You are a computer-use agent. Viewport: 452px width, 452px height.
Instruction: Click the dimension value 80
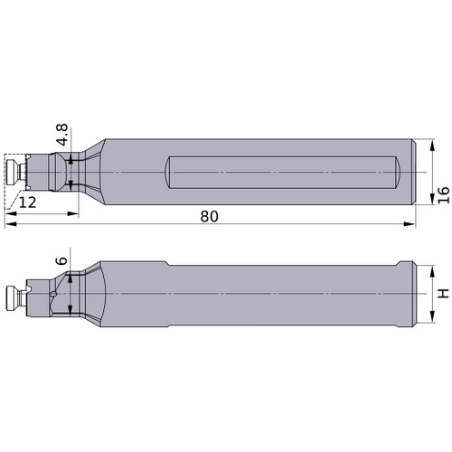(x=209, y=216)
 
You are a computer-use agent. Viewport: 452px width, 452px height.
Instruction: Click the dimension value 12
(x=27, y=202)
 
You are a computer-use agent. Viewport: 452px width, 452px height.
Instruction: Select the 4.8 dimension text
(x=62, y=135)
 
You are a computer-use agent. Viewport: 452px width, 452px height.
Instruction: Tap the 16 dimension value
(x=444, y=195)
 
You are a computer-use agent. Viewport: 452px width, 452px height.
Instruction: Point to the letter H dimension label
(x=443, y=293)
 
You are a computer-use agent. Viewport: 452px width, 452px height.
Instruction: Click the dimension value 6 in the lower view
(x=62, y=260)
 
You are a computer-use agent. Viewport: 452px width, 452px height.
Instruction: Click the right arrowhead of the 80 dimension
(x=410, y=224)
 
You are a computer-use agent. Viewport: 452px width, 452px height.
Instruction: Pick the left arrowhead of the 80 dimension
(x=11, y=224)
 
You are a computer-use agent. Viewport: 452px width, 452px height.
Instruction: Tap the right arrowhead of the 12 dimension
(x=72, y=213)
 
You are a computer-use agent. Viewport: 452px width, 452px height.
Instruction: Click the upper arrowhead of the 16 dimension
(x=433, y=145)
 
